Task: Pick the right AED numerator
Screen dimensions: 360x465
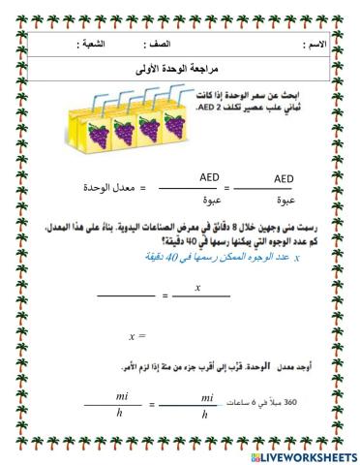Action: click(x=285, y=177)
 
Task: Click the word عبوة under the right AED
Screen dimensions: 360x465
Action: click(x=285, y=200)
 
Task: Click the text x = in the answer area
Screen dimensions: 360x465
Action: click(x=135, y=336)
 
